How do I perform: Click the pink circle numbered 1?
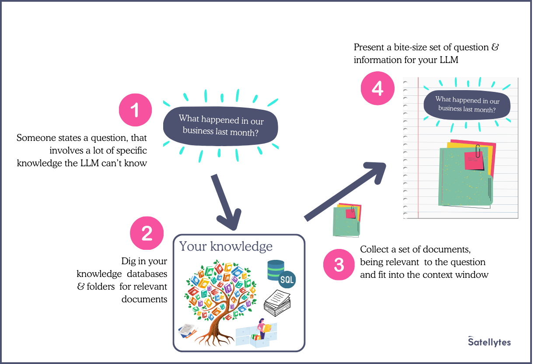click(135, 110)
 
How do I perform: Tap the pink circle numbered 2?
click(147, 233)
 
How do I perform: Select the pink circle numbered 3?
click(339, 265)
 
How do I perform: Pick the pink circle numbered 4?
click(377, 88)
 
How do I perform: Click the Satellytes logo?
click(489, 342)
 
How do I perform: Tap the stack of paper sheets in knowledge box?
click(277, 302)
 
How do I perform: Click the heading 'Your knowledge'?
click(226, 246)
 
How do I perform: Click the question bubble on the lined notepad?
click(467, 105)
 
